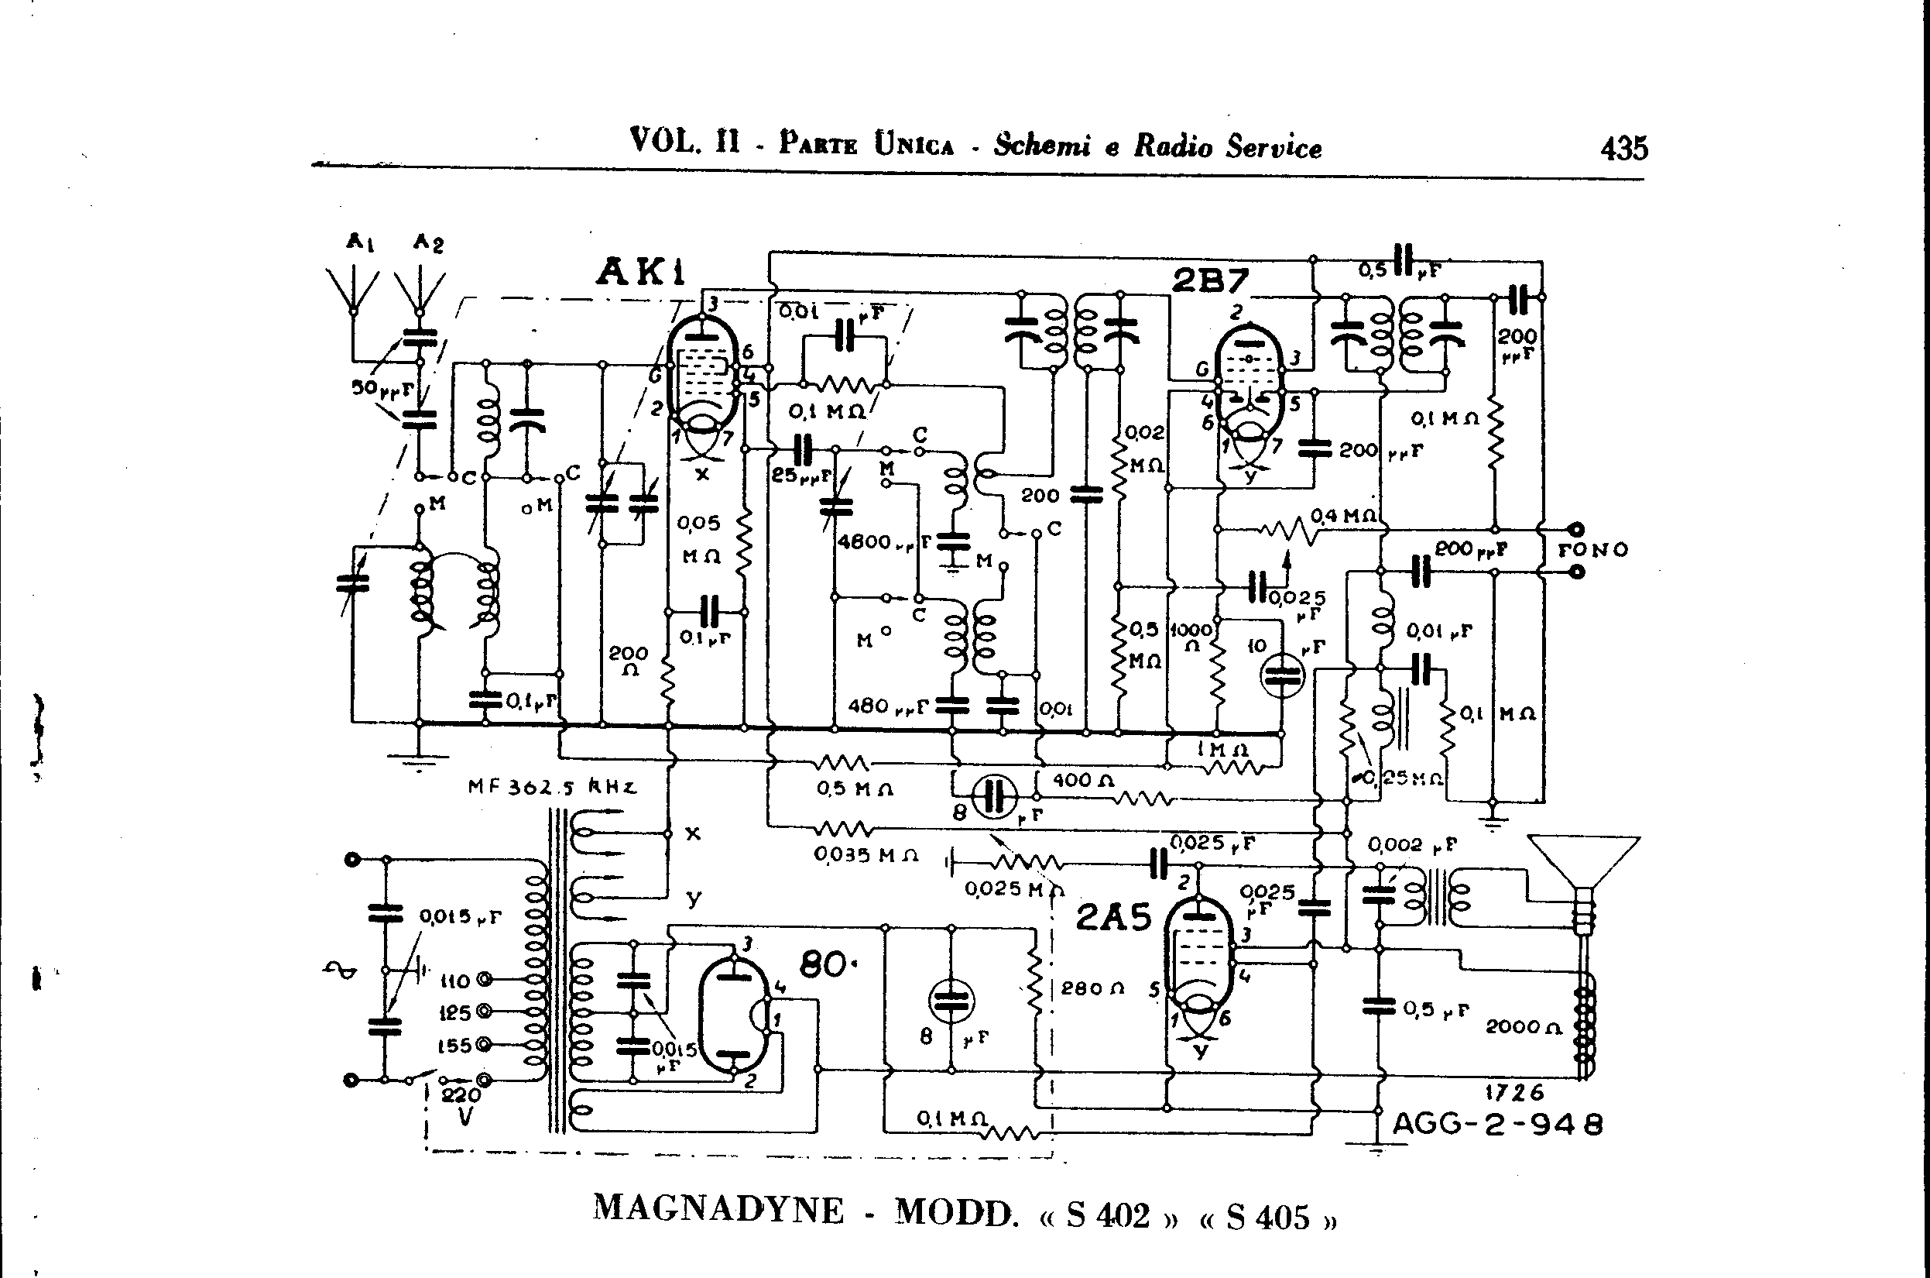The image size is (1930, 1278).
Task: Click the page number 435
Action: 1623,149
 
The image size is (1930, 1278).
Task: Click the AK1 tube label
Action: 640,271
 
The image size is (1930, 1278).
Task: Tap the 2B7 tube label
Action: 1210,281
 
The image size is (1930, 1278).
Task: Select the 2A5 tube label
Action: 1113,918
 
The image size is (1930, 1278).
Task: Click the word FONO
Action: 1592,550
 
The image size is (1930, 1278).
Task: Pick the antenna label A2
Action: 427,242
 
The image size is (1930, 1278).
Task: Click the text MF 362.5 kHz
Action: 551,788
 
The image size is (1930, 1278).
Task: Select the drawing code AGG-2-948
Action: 1497,1125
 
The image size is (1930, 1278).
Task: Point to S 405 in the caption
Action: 1267,1217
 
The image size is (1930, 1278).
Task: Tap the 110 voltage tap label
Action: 455,981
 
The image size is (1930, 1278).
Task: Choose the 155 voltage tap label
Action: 455,1046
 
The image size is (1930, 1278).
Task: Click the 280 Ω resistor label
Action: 1092,988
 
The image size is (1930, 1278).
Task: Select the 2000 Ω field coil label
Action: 1522,1027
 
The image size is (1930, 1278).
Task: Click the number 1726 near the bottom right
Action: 1514,1092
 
